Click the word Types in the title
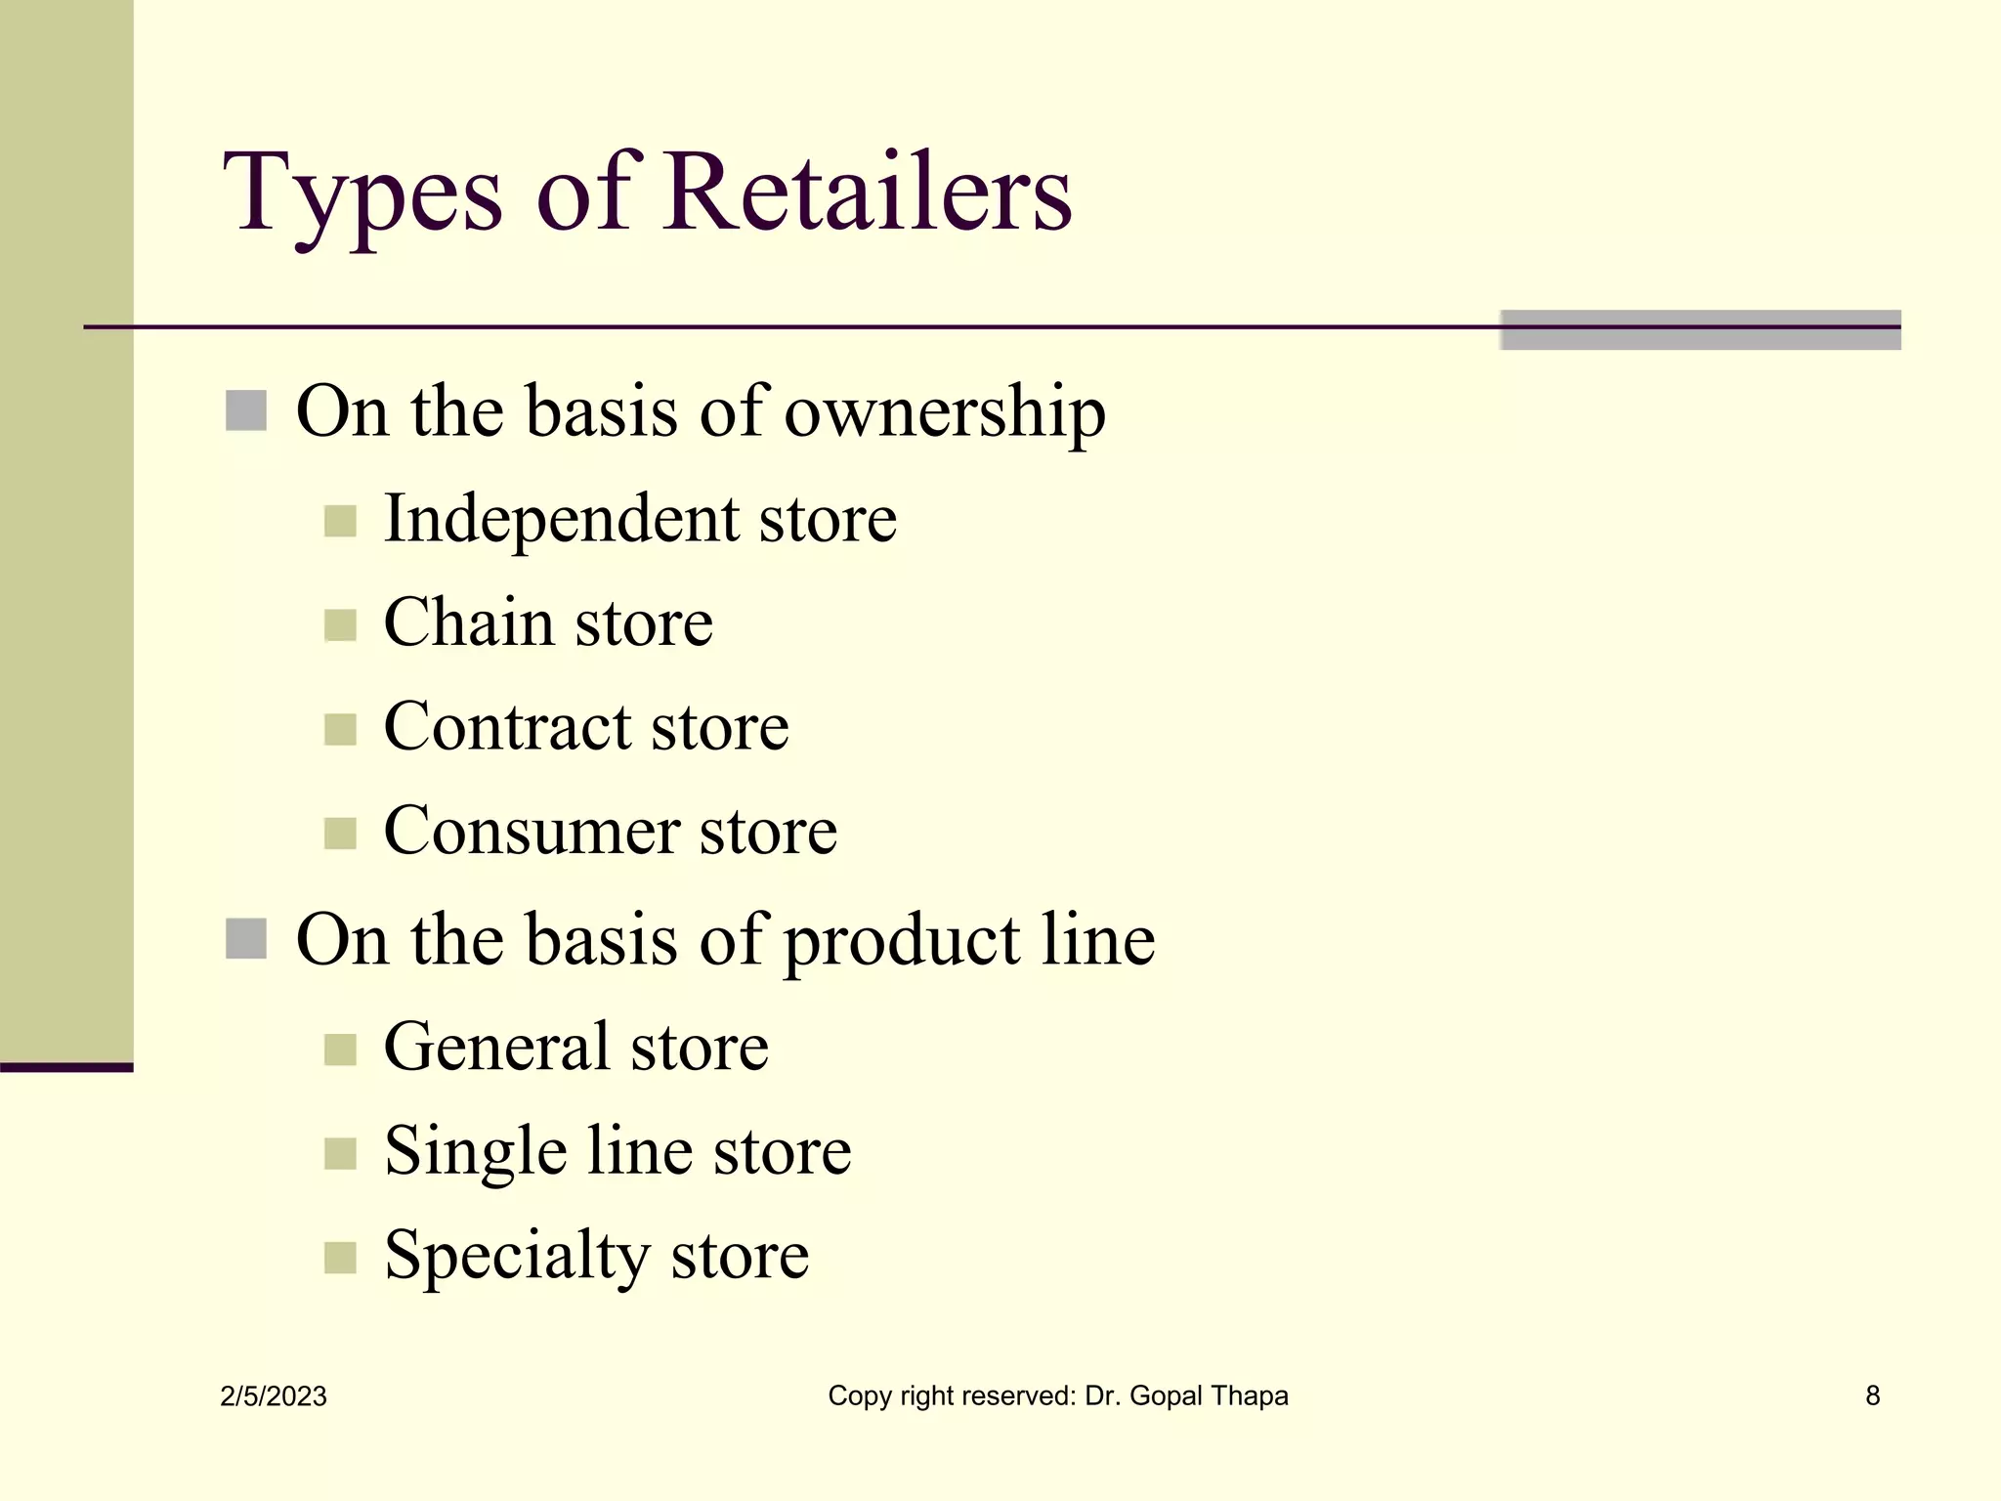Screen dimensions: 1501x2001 point(362,195)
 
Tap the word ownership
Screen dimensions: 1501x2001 point(945,412)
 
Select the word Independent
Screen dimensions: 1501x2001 point(560,518)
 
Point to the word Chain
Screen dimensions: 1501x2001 point(468,622)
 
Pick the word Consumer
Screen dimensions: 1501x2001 point(531,832)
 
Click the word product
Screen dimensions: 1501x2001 point(900,941)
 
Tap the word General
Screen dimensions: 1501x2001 point(495,1048)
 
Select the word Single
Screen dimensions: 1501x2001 point(475,1152)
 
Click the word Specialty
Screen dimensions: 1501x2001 point(516,1257)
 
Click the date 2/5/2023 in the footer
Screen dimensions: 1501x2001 point(274,1396)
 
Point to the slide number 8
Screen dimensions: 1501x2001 point(1872,1395)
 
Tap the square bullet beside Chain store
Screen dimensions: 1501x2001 point(340,625)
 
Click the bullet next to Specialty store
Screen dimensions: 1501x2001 point(340,1259)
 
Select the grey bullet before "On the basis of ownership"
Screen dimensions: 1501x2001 point(246,411)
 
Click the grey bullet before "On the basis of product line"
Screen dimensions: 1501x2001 point(246,939)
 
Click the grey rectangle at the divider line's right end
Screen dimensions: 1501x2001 point(1700,330)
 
